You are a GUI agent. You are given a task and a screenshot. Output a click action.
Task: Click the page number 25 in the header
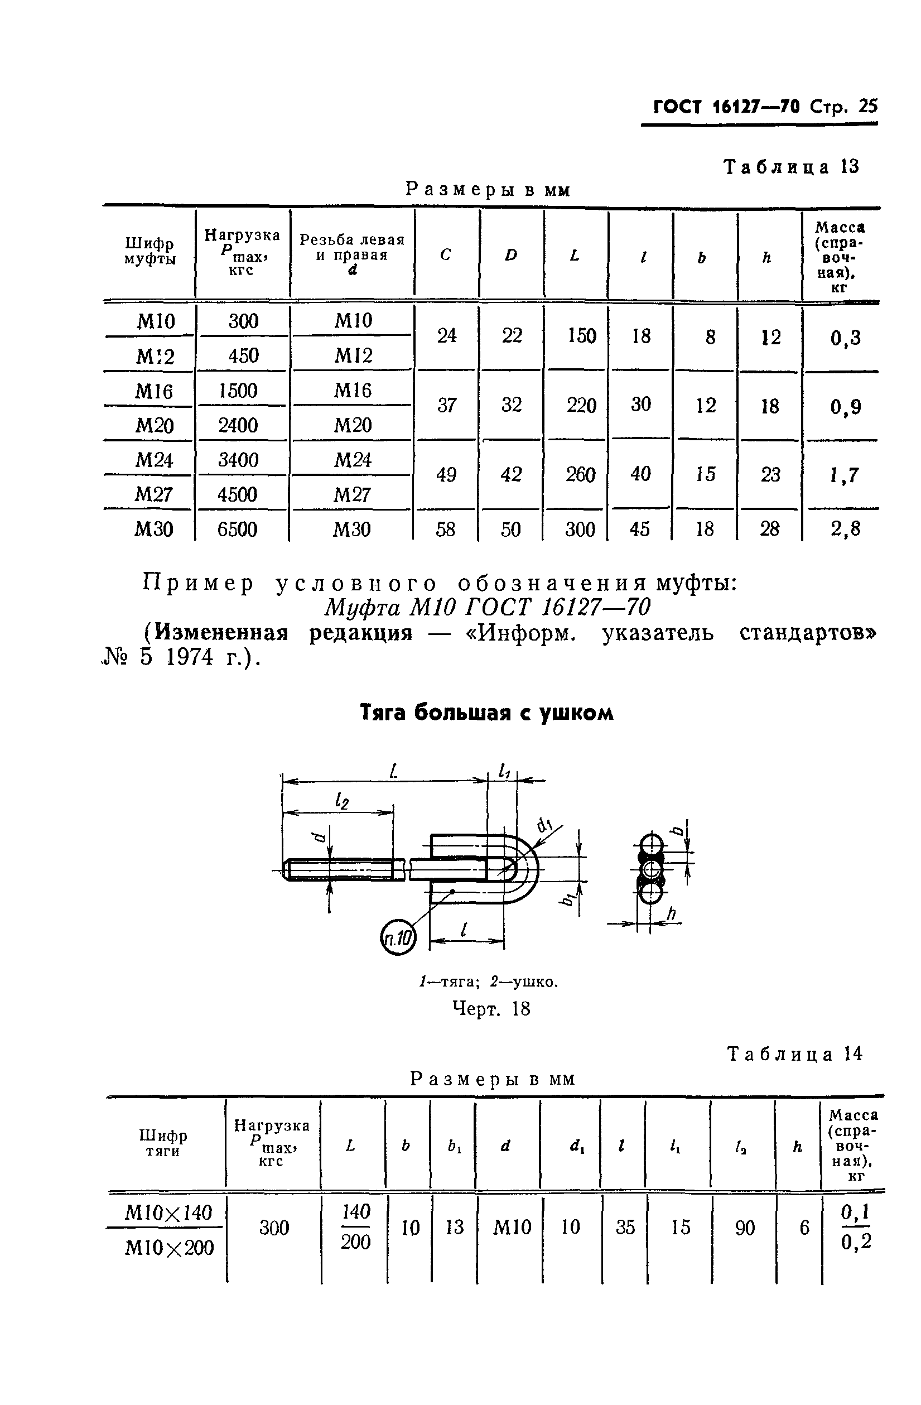pos(867,106)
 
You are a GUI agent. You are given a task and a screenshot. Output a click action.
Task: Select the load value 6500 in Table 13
pos(237,529)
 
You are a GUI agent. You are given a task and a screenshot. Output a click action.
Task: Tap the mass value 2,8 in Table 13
pos(846,528)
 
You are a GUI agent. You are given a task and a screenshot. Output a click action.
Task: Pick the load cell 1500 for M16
pos(238,391)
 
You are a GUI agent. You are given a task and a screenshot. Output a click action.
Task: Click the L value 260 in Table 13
pos(581,475)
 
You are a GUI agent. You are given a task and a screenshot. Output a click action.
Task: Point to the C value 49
pos(446,475)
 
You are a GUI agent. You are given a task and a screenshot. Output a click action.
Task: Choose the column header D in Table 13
pos(511,255)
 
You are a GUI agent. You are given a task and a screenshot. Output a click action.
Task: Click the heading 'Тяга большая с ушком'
pos(487,713)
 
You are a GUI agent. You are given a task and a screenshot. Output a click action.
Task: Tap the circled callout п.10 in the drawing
pos(398,938)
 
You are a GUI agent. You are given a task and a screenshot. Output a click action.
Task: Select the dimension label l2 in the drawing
pos(341,801)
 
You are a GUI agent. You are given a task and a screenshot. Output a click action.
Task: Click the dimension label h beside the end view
pos(671,915)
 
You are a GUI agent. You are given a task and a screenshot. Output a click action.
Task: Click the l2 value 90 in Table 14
pos(745,1229)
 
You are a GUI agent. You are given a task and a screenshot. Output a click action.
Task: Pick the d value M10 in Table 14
pos(512,1228)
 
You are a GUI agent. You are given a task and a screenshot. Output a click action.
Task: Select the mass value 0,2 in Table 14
pos(856,1243)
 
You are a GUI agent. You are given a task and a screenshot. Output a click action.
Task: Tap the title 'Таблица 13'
pos(792,167)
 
